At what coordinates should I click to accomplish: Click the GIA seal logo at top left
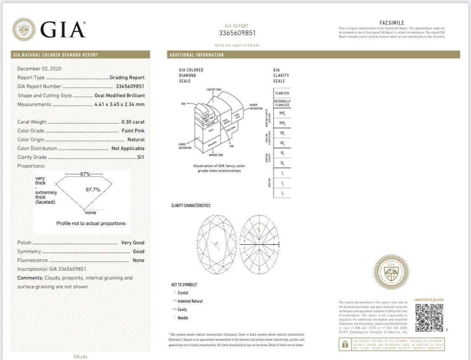[24, 29]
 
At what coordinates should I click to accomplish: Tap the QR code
[429, 317]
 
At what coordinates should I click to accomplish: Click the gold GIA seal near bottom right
[391, 272]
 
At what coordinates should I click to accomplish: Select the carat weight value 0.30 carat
[133, 122]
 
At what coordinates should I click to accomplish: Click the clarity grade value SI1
[141, 157]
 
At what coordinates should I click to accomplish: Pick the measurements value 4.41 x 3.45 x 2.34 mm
[119, 104]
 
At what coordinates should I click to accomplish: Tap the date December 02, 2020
[39, 69]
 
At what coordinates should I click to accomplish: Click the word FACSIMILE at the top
[391, 23]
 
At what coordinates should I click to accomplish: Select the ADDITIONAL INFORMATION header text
[197, 55]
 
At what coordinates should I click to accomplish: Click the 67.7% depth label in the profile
[93, 189]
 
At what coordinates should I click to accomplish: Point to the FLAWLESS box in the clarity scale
[282, 93]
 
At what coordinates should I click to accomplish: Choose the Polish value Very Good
[133, 243]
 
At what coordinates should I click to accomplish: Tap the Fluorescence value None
[138, 260]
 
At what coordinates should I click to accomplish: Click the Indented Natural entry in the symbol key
[190, 301]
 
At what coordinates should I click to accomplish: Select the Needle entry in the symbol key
[183, 318]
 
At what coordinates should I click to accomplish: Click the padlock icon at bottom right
[345, 344]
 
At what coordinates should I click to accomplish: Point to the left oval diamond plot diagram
[216, 244]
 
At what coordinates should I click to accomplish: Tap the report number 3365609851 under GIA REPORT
[237, 33]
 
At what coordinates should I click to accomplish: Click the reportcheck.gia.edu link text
[428, 300]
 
